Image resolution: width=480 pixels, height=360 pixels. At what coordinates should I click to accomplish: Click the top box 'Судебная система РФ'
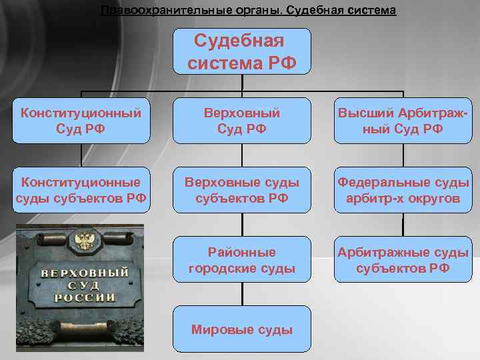click(243, 51)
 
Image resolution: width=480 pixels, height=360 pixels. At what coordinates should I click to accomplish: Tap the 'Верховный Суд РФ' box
click(242, 121)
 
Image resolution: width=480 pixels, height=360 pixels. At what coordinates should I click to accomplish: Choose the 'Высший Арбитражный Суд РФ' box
click(402, 121)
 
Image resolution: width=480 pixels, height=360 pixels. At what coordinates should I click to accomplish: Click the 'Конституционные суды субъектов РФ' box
click(80, 190)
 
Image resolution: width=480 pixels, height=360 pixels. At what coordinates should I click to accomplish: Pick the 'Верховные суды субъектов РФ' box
click(242, 190)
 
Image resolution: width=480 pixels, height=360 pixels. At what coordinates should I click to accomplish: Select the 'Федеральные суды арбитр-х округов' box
click(402, 190)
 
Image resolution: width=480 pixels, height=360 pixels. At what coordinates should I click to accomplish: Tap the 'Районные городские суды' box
click(242, 260)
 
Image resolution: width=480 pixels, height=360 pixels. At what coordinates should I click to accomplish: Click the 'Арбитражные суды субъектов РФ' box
click(402, 260)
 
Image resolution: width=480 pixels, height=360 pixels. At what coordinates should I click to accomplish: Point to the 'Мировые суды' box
click(242, 329)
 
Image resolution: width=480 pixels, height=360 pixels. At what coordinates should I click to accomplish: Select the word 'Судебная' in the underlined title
click(313, 11)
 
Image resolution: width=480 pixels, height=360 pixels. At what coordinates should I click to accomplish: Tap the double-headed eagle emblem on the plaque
click(83, 239)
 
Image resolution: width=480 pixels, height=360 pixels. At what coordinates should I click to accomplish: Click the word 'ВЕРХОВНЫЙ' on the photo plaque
click(85, 274)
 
